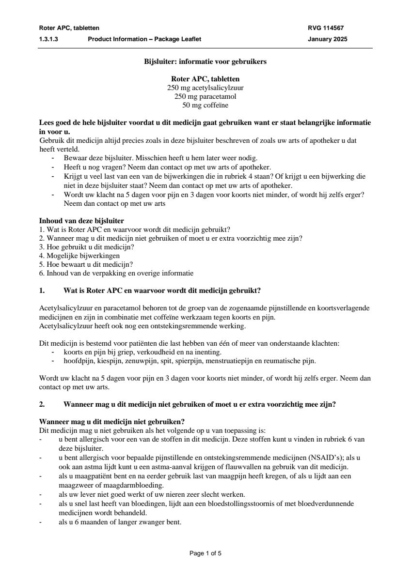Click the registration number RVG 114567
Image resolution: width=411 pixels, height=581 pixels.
(326, 28)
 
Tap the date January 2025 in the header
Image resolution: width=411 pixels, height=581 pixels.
(327, 40)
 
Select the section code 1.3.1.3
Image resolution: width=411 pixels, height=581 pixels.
(48, 40)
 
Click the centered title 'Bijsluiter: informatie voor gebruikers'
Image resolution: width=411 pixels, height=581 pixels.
(205, 62)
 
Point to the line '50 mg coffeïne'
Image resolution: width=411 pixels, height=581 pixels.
(205, 105)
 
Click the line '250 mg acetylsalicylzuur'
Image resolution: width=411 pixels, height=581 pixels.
(205, 88)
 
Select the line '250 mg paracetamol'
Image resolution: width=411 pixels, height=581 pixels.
(205, 96)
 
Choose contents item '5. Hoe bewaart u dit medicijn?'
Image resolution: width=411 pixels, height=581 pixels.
(86, 264)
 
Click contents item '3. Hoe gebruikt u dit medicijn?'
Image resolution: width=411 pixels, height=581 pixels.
(86, 246)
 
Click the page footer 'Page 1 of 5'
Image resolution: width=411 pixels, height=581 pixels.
(205, 553)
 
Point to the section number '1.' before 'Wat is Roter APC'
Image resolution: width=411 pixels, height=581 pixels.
(42, 290)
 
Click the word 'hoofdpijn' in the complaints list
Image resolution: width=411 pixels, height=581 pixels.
(77, 361)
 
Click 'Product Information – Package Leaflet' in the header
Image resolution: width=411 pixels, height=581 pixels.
(144, 40)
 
